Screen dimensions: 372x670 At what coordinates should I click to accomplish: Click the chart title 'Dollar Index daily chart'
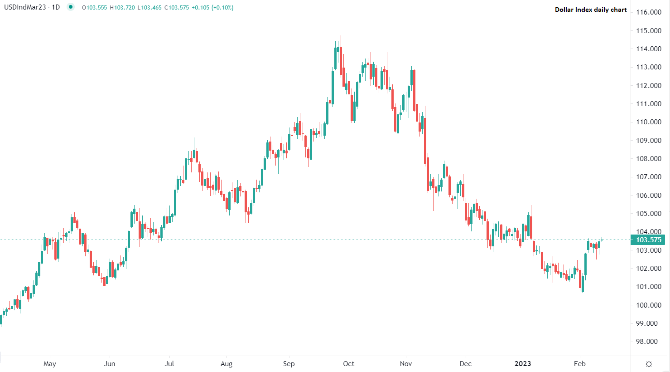[591, 10]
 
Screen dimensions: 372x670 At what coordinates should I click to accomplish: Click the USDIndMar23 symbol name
[25, 7]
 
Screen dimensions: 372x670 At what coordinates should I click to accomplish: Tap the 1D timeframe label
[56, 7]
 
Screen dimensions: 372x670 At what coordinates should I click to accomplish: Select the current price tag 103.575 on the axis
[648, 240]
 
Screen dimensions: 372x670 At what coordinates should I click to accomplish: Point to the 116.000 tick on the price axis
[649, 12]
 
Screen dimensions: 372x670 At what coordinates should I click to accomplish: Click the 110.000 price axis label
[649, 122]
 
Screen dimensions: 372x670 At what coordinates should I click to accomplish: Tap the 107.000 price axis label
[649, 177]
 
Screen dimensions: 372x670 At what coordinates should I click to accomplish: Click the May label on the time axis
[50, 364]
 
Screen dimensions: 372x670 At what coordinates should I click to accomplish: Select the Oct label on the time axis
[349, 364]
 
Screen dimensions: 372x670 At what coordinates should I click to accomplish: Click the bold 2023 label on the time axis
[523, 364]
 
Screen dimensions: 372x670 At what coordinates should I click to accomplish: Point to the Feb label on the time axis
[580, 364]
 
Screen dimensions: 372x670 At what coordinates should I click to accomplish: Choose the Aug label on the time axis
[227, 364]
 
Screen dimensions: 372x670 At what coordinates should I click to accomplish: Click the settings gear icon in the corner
[649, 364]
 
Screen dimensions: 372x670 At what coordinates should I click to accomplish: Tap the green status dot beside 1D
[70, 7]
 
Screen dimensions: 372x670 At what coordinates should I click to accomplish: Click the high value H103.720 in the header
[122, 8]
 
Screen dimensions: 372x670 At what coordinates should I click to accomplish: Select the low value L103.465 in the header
[149, 8]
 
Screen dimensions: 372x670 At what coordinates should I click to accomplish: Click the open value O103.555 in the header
[94, 8]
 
